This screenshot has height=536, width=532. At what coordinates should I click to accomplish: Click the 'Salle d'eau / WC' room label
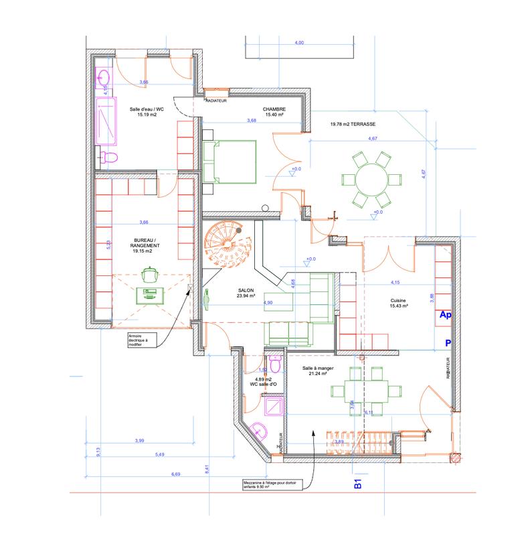[x=143, y=111]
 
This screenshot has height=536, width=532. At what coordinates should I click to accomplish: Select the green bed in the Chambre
[x=229, y=161]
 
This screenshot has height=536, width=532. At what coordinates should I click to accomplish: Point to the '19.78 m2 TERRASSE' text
[x=352, y=124]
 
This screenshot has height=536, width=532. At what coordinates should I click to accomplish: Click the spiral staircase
[x=226, y=245]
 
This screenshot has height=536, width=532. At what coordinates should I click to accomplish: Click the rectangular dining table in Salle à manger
[x=363, y=391]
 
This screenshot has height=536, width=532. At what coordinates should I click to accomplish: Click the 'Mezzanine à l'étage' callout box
[x=273, y=485]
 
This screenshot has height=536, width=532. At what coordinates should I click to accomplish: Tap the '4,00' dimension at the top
[x=300, y=42]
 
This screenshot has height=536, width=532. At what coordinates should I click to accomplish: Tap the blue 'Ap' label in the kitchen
[x=444, y=314]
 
